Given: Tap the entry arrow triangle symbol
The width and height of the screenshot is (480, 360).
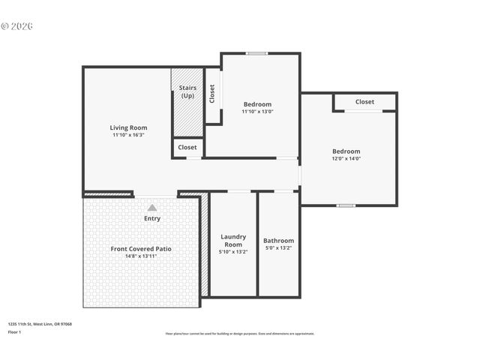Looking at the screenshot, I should click(152, 208).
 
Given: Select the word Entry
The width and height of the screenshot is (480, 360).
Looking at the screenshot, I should click(152, 218).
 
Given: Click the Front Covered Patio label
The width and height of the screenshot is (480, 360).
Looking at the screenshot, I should click(141, 248).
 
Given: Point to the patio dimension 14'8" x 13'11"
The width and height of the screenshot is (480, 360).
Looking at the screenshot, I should click(141, 256).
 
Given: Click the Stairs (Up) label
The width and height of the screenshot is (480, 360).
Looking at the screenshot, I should click(187, 92).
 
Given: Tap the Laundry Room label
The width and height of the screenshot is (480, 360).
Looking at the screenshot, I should click(233, 241).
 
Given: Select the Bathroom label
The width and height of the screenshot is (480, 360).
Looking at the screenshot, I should click(278, 241).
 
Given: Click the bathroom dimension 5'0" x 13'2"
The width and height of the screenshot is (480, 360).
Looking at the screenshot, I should click(278, 248).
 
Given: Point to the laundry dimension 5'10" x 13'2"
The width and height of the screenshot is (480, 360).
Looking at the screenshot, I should click(233, 252).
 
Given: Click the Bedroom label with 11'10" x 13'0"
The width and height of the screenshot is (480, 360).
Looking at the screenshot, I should click(257, 104).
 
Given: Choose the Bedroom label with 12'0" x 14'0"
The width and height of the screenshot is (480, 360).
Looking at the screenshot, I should click(346, 151).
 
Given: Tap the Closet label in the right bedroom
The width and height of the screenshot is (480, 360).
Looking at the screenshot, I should click(364, 102).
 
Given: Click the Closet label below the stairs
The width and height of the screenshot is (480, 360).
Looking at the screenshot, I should click(187, 147).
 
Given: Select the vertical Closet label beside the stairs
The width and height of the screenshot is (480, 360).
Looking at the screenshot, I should click(212, 93).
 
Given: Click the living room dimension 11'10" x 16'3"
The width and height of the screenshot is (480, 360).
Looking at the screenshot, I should click(129, 135).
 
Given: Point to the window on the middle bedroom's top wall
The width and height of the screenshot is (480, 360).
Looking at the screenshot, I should click(257, 53).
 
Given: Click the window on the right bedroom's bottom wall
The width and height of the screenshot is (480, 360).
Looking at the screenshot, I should click(346, 205).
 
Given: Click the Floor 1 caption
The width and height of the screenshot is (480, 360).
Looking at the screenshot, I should click(15, 331).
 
